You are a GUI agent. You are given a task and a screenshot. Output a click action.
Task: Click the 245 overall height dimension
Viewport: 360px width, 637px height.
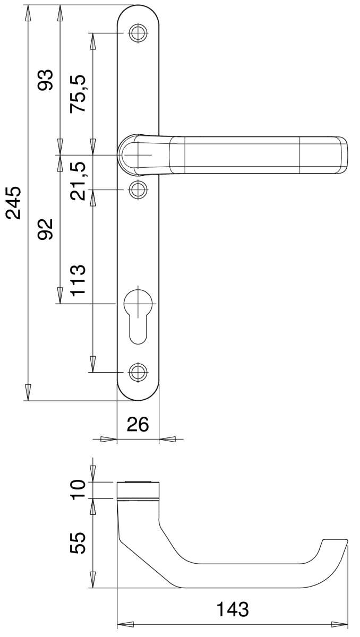[x=13, y=202]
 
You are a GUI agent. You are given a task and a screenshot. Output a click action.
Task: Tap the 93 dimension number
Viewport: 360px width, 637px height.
[x=46, y=80]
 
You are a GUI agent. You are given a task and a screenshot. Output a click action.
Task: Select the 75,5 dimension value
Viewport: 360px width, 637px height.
[x=78, y=93]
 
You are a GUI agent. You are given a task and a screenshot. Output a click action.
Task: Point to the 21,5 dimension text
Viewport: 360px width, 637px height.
[x=78, y=181]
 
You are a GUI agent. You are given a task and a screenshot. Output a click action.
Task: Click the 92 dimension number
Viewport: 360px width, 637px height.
[x=46, y=229]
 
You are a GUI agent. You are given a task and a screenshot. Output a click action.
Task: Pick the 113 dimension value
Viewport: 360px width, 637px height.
[x=78, y=281]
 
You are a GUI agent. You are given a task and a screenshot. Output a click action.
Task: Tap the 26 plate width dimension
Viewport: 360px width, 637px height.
[x=138, y=424]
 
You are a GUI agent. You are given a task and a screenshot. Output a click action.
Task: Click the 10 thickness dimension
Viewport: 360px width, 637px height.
[x=78, y=489]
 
